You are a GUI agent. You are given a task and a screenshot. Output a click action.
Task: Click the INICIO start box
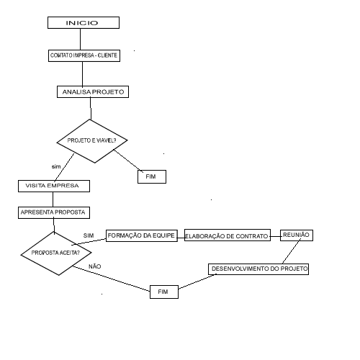point(84,23)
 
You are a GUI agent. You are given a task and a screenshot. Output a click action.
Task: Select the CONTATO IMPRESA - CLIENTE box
point(84,55)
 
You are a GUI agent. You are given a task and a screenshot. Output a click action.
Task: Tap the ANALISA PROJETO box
point(93,92)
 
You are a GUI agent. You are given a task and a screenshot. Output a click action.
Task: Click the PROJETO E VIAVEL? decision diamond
point(92,141)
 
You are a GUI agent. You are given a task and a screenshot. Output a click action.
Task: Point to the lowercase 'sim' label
point(56,166)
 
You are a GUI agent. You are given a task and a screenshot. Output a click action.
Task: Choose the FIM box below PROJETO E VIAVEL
point(152,177)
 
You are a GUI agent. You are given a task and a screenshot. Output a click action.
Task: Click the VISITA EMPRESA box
point(54,186)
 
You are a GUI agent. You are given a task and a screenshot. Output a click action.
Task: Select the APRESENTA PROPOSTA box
point(54,212)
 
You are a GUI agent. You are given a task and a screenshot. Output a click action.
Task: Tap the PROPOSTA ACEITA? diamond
point(56,253)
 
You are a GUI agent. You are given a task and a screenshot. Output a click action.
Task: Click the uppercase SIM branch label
point(89,235)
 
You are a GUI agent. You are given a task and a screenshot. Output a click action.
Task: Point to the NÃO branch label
point(95,266)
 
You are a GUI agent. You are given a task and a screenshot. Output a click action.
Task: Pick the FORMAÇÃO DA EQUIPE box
point(142,235)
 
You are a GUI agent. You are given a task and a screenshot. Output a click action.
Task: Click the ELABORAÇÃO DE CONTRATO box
point(228,235)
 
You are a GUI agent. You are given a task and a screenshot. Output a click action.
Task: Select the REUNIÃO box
point(297,235)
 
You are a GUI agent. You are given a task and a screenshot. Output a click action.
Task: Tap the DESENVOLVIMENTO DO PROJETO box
point(258,269)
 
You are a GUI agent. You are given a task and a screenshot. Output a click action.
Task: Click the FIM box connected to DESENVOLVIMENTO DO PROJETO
point(164,292)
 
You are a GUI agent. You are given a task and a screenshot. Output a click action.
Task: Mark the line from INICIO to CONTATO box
point(80,39)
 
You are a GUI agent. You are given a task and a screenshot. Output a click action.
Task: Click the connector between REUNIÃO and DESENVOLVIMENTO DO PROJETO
point(291,252)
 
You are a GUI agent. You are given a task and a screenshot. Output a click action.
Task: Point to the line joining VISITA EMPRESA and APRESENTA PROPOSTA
point(53,199)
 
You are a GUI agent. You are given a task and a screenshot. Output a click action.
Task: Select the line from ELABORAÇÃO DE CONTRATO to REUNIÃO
point(276,236)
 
